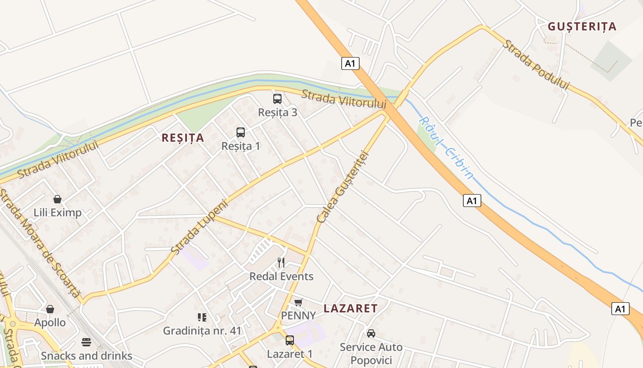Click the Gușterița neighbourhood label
coord(582,27)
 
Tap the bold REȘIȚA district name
coord(183,138)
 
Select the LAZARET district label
coord(350,309)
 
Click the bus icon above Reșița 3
coord(277,99)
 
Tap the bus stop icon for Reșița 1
coord(241,132)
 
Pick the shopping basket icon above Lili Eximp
coord(57,199)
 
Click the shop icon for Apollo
coord(50,309)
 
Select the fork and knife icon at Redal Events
coord(281,263)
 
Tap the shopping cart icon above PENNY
coord(299,302)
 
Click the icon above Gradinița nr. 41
coord(202,317)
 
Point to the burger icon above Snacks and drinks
coord(86,342)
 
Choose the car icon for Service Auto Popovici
coord(371,333)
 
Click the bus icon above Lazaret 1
coord(290,340)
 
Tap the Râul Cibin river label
coord(446,147)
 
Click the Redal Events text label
coord(281,276)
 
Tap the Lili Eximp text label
coord(57,213)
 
